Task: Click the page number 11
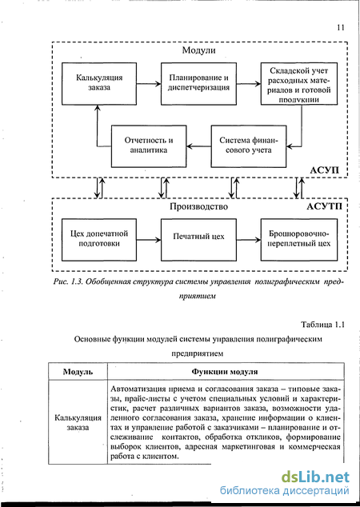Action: coord(341,27)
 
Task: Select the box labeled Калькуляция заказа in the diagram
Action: coord(99,84)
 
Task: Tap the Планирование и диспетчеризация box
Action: coord(198,84)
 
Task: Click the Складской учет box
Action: coord(299,84)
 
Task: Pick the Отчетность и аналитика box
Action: coord(149,146)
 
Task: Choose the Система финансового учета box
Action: coord(249,146)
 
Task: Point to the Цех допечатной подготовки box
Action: coord(99,240)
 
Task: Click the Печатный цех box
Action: coord(198,240)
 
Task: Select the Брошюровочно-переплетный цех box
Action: coord(299,240)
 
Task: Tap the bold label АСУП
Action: coord(325,170)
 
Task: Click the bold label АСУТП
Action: coord(324,206)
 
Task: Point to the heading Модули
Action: coord(198,50)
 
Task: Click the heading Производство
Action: coord(198,206)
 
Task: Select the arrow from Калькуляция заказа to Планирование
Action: coord(149,84)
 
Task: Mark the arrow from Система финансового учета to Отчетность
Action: coord(198,146)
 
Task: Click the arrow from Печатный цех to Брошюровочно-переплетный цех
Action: coord(249,240)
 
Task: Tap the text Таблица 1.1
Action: coord(322,325)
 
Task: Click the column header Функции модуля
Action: coord(225,372)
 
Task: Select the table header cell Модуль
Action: coord(78,372)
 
